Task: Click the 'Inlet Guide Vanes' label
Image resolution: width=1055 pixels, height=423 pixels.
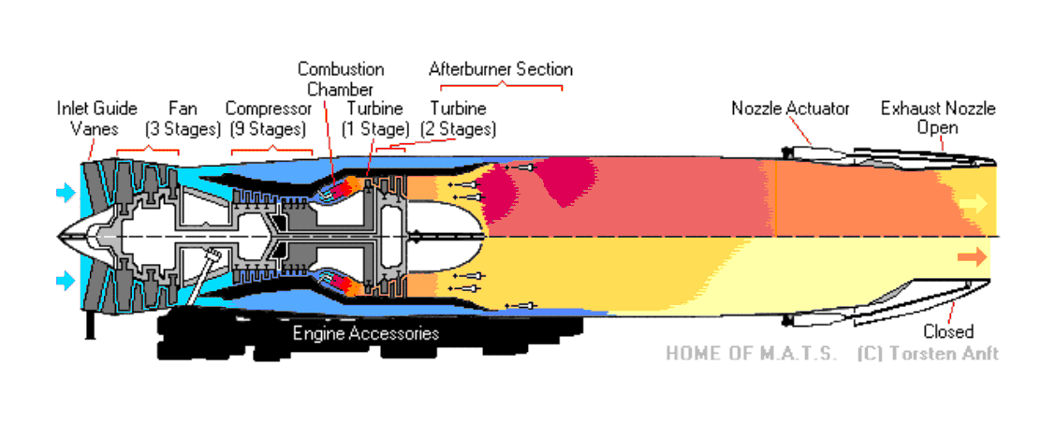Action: pos(96,119)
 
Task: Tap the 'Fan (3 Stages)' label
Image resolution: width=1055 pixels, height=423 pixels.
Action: pos(182,119)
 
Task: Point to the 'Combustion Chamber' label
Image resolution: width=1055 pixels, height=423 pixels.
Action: pos(340,79)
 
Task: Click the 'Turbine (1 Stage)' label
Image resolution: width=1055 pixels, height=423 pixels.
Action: pos(375,119)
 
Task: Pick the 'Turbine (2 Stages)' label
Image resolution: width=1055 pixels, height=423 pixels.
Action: pos(458,119)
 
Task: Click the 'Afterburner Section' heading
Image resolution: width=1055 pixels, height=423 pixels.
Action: pos(500,69)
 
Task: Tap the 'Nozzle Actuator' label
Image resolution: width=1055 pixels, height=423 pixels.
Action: pos(790,109)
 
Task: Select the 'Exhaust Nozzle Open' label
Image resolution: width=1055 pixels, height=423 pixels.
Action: pos(938,117)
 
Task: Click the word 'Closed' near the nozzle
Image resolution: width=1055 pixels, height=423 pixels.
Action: pos(947,331)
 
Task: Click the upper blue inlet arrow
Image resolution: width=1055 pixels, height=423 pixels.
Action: pos(65,194)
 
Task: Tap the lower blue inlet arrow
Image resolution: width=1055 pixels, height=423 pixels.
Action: pos(65,279)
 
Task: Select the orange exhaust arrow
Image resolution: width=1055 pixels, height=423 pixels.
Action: pos(973,256)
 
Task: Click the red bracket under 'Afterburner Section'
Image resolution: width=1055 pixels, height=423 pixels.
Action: pos(500,86)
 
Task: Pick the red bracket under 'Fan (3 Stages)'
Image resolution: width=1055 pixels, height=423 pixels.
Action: pos(147,150)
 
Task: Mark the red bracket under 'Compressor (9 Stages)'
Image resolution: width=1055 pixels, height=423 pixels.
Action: pos(271,150)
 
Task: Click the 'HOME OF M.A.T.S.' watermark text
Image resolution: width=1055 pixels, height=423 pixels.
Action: pos(751,354)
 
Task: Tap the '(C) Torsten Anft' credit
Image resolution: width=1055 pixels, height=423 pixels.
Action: pos(927,354)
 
